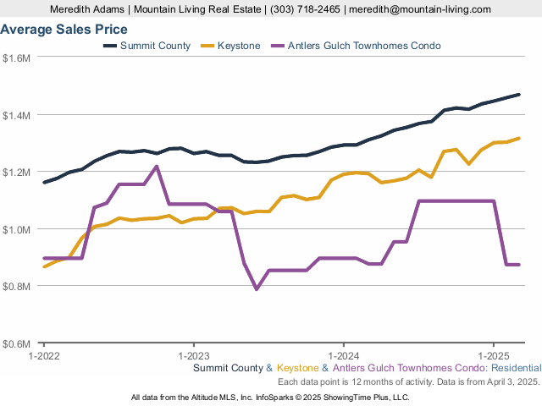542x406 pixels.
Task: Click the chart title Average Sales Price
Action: pyautogui.click(x=64, y=30)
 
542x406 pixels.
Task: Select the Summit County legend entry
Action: pyautogui.click(x=147, y=46)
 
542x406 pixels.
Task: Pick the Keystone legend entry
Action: pyautogui.click(x=230, y=46)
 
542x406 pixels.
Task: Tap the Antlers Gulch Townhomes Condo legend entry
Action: pyautogui.click(x=356, y=46)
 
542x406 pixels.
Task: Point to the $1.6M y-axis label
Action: pyautogui.click(x=16, y=58)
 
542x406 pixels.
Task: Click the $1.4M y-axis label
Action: pyautogui.click(x=16, y=115)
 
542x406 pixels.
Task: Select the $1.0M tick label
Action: pyautogui.click(x=16, y=229)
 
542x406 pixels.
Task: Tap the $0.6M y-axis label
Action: pyautogui.click(x=16, y=344)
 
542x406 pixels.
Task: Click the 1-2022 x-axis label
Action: pyautogui.click(x=44, y=356)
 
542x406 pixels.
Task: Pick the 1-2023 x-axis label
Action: pyautogui.click(x=194, y=356)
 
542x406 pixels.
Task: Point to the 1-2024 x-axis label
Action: pyautogui.click(x=344, y=356)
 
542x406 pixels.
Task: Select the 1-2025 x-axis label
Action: pyautogui.click(x=494, y=356)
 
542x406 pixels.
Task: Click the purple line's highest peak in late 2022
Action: pyautogui.click(x=157, y=167)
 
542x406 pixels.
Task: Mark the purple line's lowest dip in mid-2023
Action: pyautogui.click(x=257, y=289)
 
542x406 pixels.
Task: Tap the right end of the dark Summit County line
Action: pyautogui.click(x=518, y=95)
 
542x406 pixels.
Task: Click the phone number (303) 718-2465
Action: pyautogui.click(x=305, y=9)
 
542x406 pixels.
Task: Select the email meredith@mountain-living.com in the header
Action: pyautogui.click(x=420, y=9)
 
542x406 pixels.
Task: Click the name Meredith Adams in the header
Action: pyautogui.click(x=87, y=9)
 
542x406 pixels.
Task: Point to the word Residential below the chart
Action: pyautogui.click(x=517, y=368)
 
